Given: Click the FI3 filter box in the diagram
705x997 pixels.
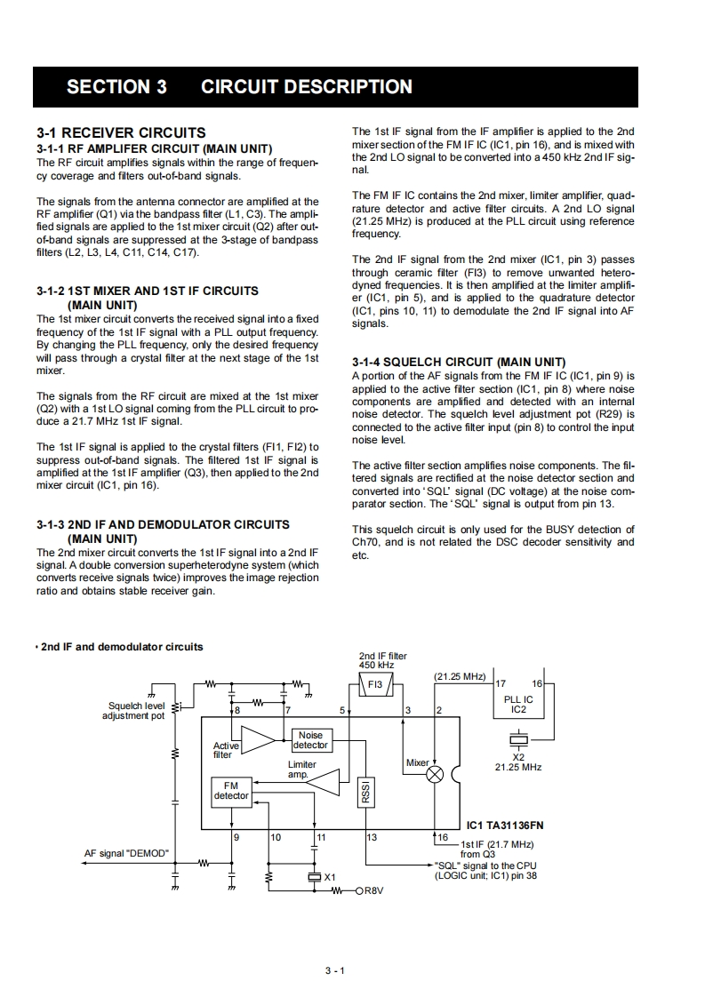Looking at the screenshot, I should (x=375, y=685).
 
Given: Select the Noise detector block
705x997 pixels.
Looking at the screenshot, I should (x=310, y=740).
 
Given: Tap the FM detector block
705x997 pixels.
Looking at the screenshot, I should (x=231, y=791).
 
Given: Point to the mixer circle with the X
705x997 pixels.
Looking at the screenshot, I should (x=436, y=774).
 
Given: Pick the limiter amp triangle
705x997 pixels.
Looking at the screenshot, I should (x=324, y=782).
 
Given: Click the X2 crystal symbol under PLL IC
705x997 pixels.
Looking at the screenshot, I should (x=518, y=739).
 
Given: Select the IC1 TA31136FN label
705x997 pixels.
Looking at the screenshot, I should (x=505, y=825).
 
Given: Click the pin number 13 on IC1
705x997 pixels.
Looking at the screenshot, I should (x=372, y=837).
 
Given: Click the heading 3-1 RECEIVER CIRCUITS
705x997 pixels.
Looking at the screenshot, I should (x=121, y=132).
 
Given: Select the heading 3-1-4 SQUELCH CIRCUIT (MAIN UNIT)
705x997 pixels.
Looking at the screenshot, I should (x=458, y=362).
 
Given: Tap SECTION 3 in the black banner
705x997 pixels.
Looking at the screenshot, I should (x=116, y=87).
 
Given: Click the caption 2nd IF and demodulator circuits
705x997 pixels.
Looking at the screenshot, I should (x=122, y=646).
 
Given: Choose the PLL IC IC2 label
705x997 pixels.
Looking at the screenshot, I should (x=518, y=705).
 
